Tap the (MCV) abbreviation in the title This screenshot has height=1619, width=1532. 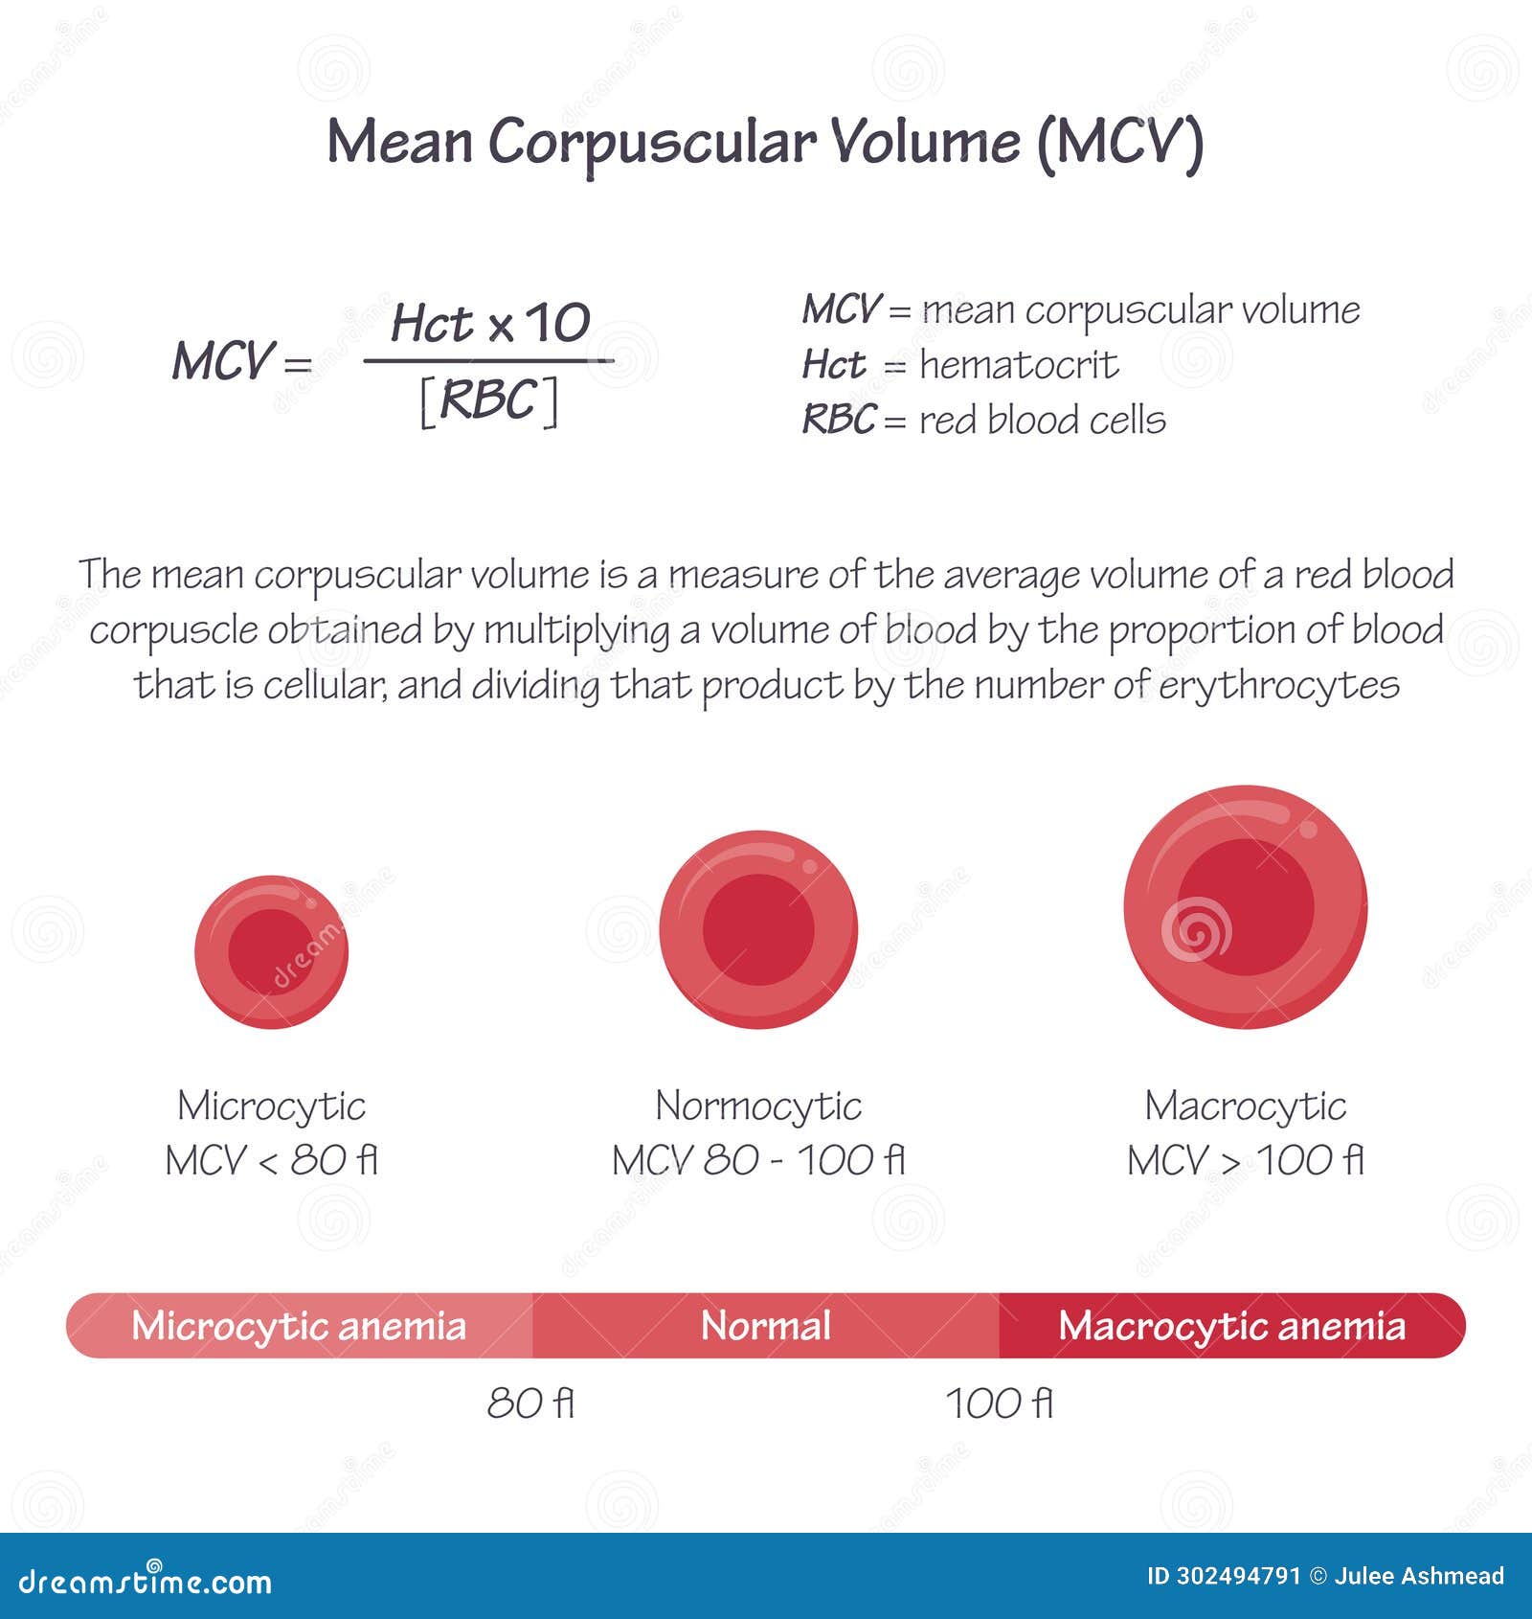pos(1119,144)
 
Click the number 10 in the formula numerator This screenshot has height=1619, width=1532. pos(557,323)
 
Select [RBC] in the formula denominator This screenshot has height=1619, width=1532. pos(489,401)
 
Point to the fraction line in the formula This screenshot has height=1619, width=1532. pos(488,361)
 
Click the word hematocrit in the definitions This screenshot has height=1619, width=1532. pos(1018,365)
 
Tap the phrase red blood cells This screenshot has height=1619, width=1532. pos(1042,421)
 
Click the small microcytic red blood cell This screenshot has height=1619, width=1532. pos(271,951)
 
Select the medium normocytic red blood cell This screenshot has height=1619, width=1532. pos(758,929)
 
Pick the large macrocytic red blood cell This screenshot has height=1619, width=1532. pos(1245,907)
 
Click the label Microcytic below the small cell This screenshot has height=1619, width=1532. pos(271,1106)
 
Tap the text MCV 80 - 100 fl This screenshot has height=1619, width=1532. pos(758,1161)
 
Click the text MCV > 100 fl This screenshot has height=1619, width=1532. pos(1245,1161)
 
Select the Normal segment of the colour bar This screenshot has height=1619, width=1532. pos(765,1326)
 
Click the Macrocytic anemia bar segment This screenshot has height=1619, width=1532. pos(1231,1326)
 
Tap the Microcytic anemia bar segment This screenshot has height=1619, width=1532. pos(299,1326)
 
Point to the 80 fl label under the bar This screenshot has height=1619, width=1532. pos(530,1404)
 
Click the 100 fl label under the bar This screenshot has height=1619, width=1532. pos(1000,1404)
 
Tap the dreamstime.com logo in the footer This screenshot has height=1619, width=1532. pos(145,1582)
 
